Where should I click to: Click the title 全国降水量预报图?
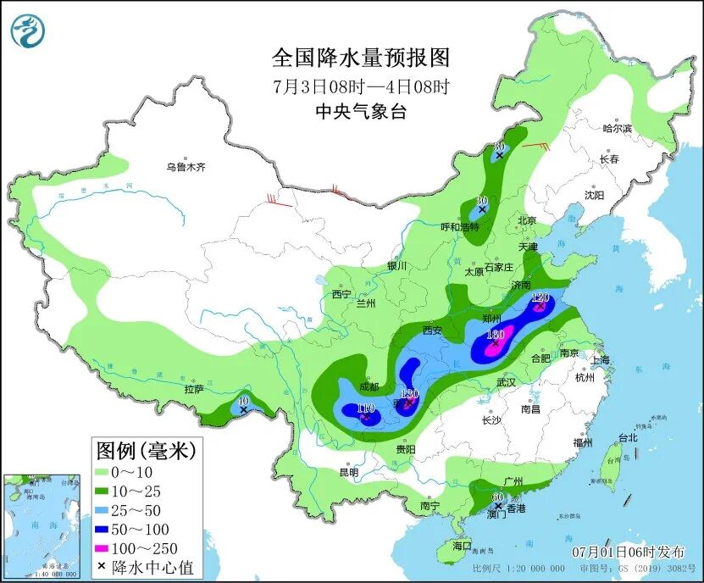click(360, 58)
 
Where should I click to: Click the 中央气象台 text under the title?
click(360, 111)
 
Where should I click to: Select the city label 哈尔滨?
click(617, 129)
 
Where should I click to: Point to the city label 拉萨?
click(194, 389)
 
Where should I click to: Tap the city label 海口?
click(461, 547)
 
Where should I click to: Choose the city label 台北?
click(627, 438)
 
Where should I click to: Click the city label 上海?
click(601, 359)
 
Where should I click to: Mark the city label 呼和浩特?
click(461, 227)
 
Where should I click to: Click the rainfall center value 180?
click(496, 335)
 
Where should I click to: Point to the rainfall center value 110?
click(365, 408)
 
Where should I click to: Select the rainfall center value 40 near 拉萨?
click(243, 401)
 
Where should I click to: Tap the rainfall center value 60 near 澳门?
click(497, 497)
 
